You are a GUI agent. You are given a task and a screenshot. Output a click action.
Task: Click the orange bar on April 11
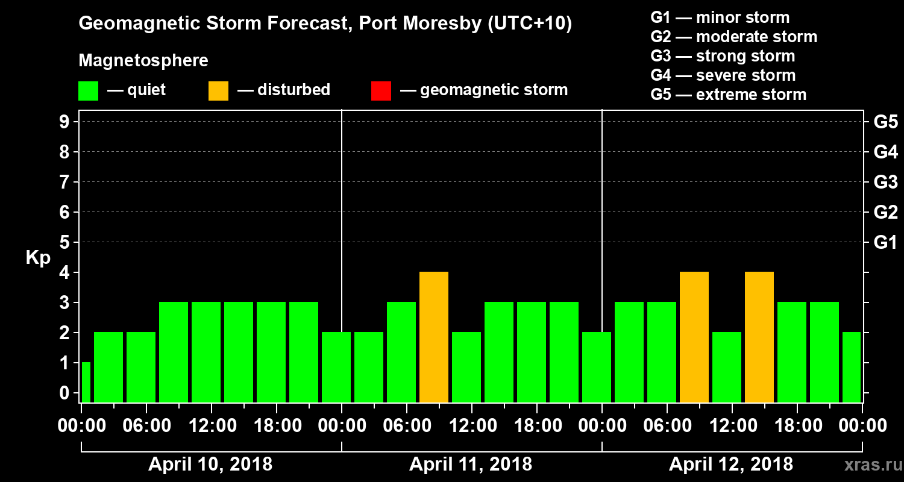tap(434, 337)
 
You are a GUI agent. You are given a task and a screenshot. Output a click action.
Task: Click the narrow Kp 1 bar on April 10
tap(86, 382)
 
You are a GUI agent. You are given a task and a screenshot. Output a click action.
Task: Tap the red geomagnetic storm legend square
tap(381, 90)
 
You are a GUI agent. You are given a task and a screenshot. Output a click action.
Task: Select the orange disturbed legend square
tap(218, 90)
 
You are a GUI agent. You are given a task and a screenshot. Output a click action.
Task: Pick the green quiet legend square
tap(88, 90)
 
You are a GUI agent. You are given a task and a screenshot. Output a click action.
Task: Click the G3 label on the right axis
tap(885, 182)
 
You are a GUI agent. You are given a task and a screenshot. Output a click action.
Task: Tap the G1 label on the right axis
tap(885, 243)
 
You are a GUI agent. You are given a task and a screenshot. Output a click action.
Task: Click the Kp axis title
tap(38, 258)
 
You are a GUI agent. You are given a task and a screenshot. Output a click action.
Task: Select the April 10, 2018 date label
tap(210, 465)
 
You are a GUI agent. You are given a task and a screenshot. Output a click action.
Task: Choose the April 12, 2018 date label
tap(731, 465)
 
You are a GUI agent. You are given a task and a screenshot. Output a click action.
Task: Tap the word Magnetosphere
tap(143, 61)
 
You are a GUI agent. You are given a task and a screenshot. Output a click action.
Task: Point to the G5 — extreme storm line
tap(728, 95)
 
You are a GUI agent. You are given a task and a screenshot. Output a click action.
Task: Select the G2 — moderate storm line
tap(733, 37)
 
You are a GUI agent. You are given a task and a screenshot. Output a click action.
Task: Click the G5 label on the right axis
tap(885, 122)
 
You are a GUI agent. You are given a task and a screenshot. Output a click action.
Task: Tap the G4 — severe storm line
tap(723, 75)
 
